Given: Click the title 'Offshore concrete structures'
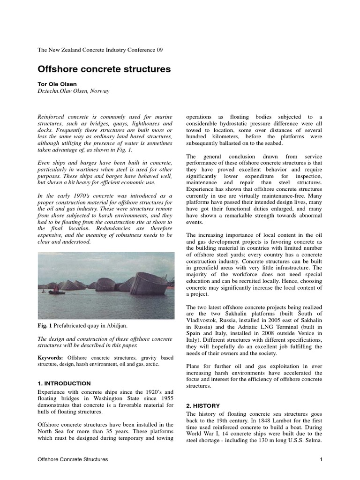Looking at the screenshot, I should [104, 69].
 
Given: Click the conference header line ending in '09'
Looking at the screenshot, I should [100, 50].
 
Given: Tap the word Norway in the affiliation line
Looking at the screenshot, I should [100, 91].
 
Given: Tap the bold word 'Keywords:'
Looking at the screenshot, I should [51, 357].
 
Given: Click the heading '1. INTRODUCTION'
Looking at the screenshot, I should [64, 383].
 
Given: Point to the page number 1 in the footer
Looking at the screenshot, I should [321, 459].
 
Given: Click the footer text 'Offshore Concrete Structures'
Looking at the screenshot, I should [73, 459].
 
